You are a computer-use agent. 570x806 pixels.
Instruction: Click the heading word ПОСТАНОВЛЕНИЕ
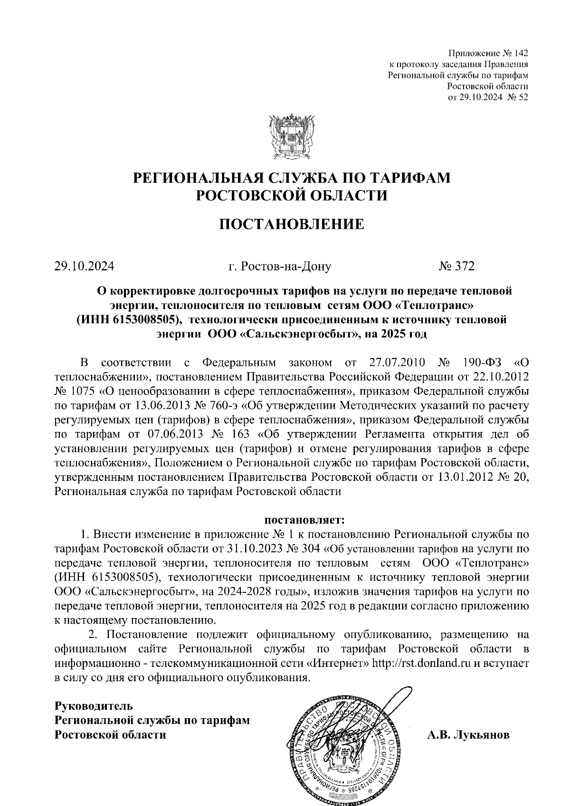pos(291,224)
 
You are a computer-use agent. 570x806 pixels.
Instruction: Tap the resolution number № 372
pos(456,266)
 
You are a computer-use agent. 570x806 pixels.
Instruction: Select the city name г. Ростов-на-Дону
pos(279,266)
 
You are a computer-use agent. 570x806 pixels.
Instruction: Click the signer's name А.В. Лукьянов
pos(468,735)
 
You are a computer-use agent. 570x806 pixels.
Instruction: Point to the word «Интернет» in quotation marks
pos(340,663)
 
